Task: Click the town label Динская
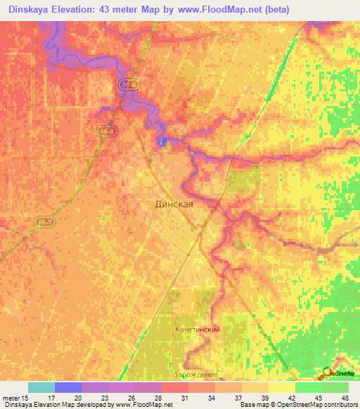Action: coord(173,204)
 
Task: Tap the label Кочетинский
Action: coord(198,329)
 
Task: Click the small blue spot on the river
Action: coord(163,143)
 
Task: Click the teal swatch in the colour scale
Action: coord(41,387)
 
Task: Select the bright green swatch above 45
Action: coord(309,387)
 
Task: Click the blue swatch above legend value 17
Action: coord(68,387)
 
